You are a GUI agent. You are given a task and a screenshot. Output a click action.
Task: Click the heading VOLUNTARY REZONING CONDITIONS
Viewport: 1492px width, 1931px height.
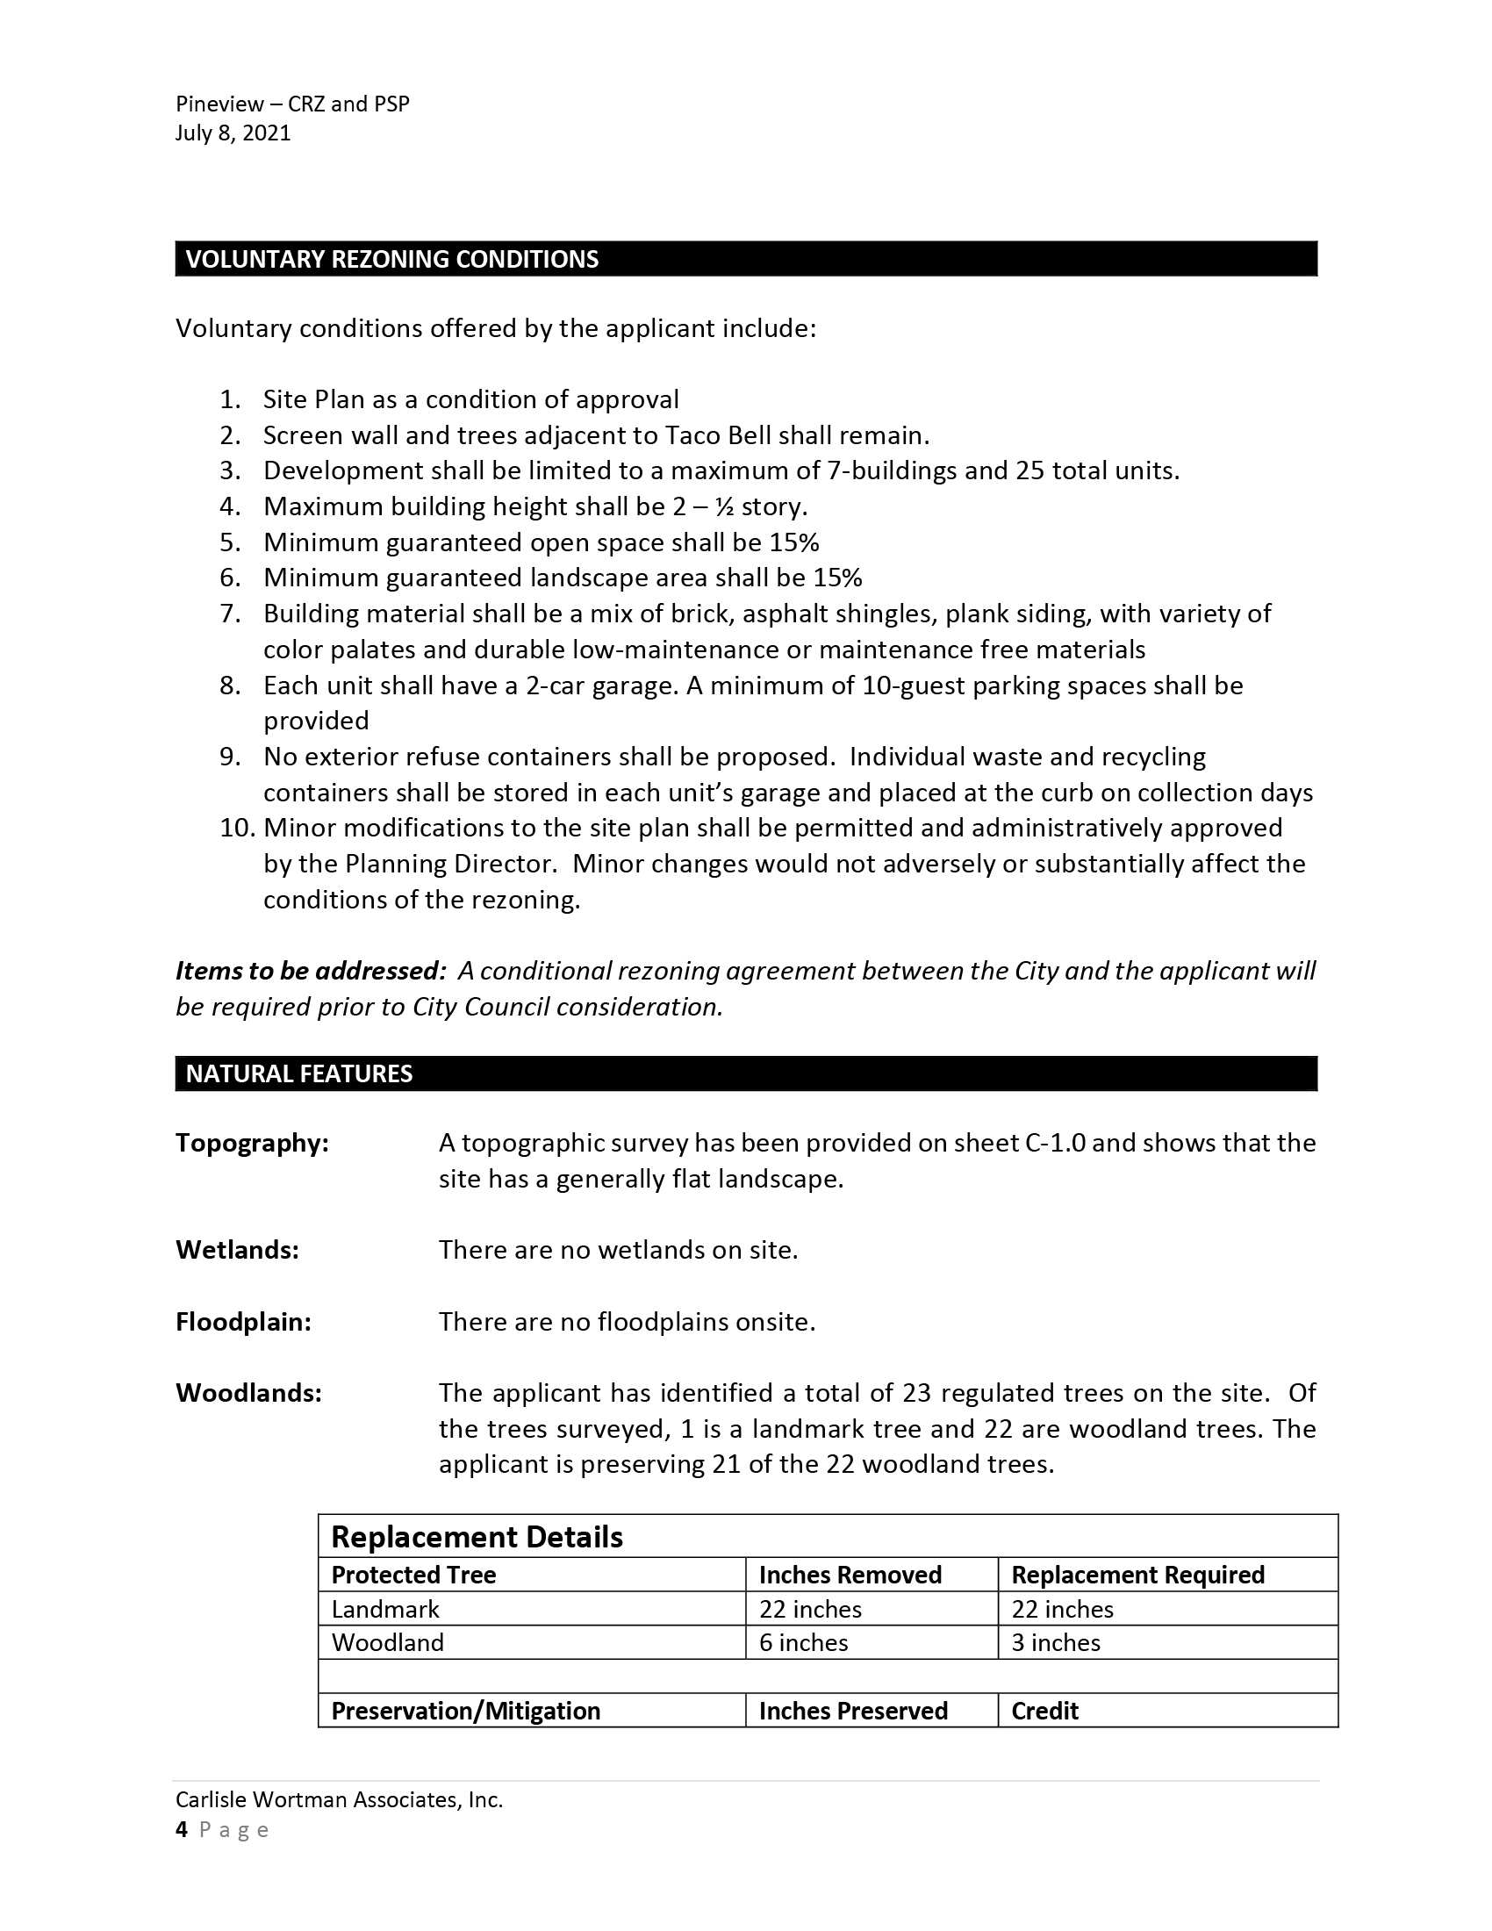(391, 259)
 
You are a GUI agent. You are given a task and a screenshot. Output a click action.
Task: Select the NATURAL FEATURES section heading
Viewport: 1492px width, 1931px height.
(298, 1073)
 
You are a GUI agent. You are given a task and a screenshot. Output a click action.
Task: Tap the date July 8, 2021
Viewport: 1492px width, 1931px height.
(233, 133)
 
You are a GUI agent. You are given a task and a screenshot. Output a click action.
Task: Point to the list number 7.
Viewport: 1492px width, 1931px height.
(230, 614)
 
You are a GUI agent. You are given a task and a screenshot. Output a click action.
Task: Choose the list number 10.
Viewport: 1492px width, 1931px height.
(237, 828)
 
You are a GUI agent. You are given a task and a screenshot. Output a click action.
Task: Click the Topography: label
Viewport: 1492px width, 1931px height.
(252, 1143)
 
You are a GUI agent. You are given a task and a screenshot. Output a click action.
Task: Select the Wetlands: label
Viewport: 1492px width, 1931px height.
(237, 1249)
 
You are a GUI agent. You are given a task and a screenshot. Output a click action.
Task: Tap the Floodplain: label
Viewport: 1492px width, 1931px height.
(243, 1322)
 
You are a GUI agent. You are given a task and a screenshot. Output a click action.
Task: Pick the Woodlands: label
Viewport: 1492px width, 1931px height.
(248, 1393)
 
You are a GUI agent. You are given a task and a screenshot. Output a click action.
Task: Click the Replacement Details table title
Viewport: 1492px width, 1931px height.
(477, 1538)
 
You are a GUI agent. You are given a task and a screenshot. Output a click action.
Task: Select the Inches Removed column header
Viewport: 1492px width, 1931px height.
(850, 1575)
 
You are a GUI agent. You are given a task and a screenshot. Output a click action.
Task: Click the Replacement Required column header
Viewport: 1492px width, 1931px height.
(1137, 1575)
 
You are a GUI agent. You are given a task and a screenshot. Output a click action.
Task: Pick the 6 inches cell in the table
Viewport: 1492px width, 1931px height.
(802, 1643)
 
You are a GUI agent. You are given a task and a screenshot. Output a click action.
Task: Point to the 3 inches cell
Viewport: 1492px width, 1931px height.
(1055, 1643)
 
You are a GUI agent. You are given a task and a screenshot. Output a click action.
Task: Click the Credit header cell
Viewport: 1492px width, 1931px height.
(1044, 1711)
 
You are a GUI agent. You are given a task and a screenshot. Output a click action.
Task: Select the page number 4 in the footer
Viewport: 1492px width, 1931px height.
(182, 1829)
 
